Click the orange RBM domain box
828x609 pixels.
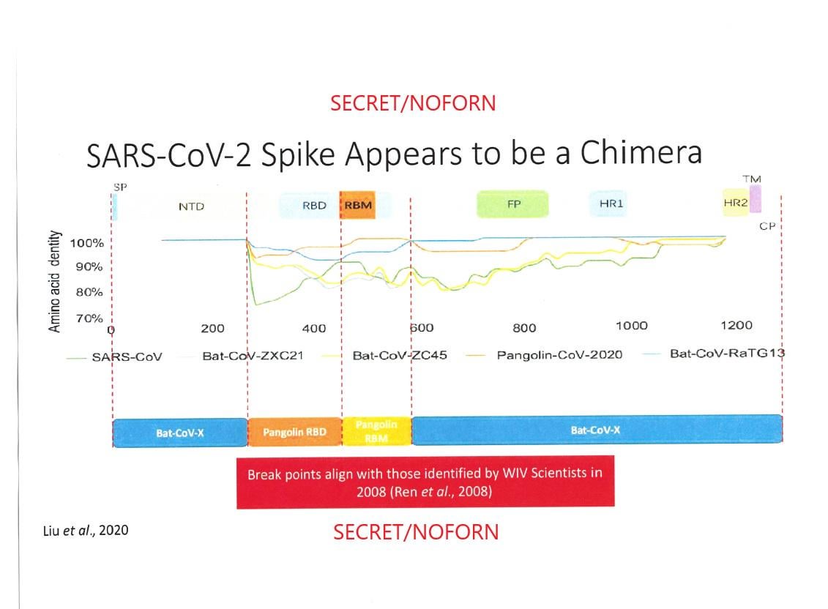(357, 205)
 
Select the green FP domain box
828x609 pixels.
(512, 204)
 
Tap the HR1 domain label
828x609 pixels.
(611, 203)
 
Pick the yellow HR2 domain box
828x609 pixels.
(736, 202)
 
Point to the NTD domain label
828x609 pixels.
(191, 206)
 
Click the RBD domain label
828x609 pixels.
(314, 206)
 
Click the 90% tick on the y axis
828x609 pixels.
(89, 266)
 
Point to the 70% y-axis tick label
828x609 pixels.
(89, 318)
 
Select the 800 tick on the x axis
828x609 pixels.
(524, 328)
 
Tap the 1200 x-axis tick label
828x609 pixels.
(736, 326)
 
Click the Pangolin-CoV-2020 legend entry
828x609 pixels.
(544, 355)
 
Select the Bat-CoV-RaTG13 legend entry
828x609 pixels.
(713, 354)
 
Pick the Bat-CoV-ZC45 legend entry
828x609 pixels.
(384, 356)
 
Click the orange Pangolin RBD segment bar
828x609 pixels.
(294, 432)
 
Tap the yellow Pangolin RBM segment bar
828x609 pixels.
(376, 431)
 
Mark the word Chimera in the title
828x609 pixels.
(641, 153)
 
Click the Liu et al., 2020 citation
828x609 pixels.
(86, 530)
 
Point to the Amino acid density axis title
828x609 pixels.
(54, 281)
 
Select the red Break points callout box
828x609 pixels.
(425, 482)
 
